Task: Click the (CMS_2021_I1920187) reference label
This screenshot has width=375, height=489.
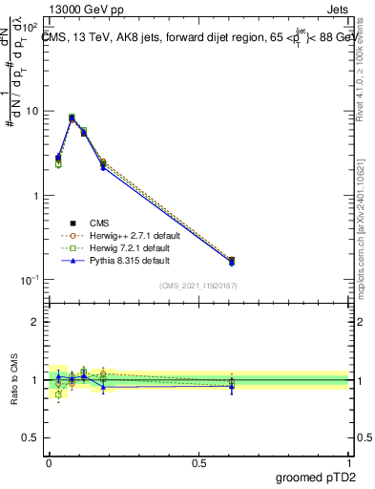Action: tap(198, 285)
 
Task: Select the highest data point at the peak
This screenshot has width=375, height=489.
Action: tap(72, 118)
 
